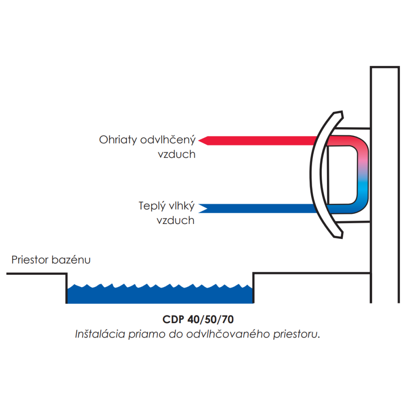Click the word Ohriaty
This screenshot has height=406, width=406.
point(118,140)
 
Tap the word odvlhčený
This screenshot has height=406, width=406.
point(168,140)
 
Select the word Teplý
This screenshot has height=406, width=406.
point(152,206)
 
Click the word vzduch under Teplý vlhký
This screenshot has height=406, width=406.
point(176,220)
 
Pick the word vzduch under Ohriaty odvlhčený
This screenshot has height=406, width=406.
point(177,154)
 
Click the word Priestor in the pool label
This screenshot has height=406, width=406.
point(30,260)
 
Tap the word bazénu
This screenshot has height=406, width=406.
point(71,260)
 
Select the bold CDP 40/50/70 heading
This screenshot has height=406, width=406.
point(198,320)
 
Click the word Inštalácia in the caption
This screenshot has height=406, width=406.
point(100,334)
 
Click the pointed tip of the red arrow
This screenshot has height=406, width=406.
point(199,140)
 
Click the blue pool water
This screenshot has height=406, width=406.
point(160,295)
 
